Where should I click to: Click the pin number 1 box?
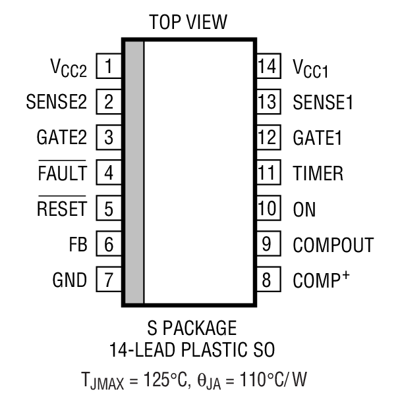(x=109, y=66)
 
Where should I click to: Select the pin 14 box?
(x=267, y=66)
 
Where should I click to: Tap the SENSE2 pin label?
(x=56, y=102)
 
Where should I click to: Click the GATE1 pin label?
(x=318, y=138)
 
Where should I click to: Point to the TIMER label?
(x=318, y=174)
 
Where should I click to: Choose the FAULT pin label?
(x=63, y=174)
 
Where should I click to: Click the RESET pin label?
(x=61, y=209)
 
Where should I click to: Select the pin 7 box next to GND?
(x=109, y=280)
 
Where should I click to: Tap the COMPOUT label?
(x=333, y=245)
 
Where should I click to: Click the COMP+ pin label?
(x=322, y=280)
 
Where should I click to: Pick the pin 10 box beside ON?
(x=267, y=209)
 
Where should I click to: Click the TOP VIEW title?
(x=188, y=22)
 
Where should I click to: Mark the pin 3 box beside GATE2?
(x=109, y=138)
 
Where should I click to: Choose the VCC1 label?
(x=310, y=68)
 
